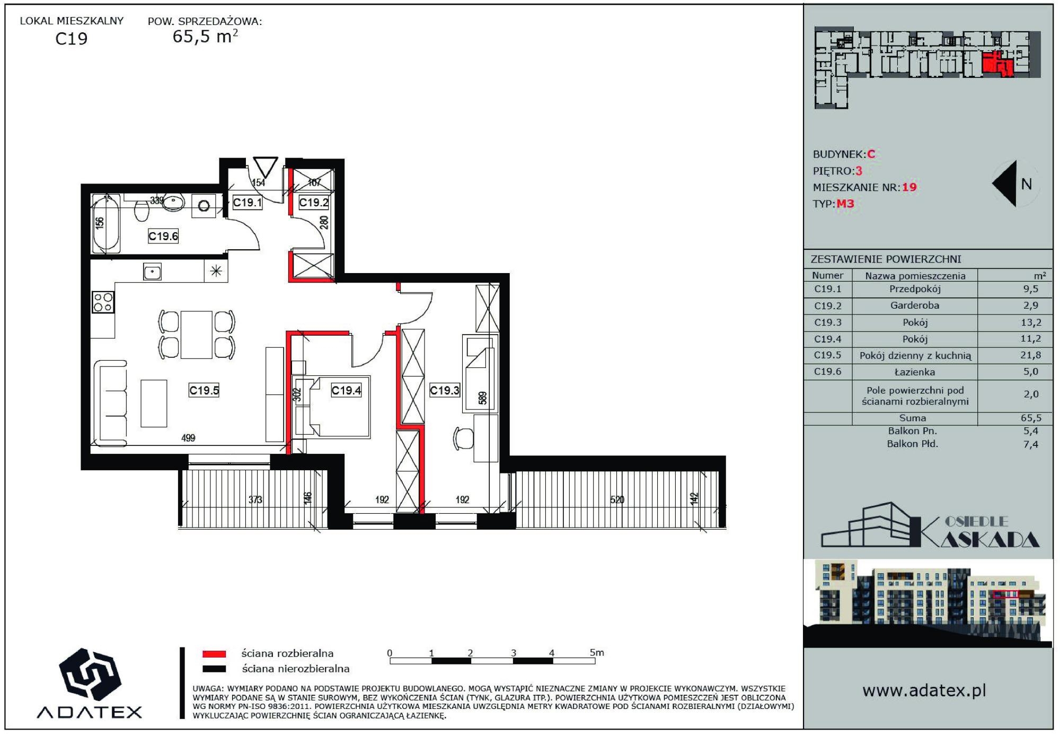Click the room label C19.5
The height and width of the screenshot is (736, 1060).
(x=204, y=390)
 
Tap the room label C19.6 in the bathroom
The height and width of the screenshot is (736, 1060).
(x=163, y=236)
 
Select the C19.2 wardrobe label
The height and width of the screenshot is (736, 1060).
(x=314, y=202)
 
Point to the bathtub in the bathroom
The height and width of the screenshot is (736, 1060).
(x=106, y=224)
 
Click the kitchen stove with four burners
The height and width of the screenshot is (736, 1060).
(x=103, y=302)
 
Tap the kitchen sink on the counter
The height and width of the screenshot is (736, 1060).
(x=153, y=272)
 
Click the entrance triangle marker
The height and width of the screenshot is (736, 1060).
(x=265, y=167)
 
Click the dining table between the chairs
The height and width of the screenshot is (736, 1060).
(x=197, y=335)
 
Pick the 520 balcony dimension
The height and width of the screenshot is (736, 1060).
(x=617, y=500)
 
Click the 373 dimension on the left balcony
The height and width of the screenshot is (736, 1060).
(x=255, y=500)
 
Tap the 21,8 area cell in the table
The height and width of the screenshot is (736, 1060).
(x=1030, y=355)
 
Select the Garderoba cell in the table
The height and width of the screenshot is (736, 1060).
(x=915, y=305)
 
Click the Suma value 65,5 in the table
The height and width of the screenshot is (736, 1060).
(x=1031, y=418)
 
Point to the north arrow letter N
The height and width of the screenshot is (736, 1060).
(x=1027, y=184)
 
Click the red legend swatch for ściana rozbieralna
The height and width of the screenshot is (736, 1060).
(x=214, y=654)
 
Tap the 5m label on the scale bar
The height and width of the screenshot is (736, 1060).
(x=597, y=653)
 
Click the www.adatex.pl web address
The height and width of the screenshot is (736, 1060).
(x=924, y=690)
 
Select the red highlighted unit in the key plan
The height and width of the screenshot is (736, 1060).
(x=998, y=64)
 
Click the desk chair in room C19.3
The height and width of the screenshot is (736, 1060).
(x=464, y=438)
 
